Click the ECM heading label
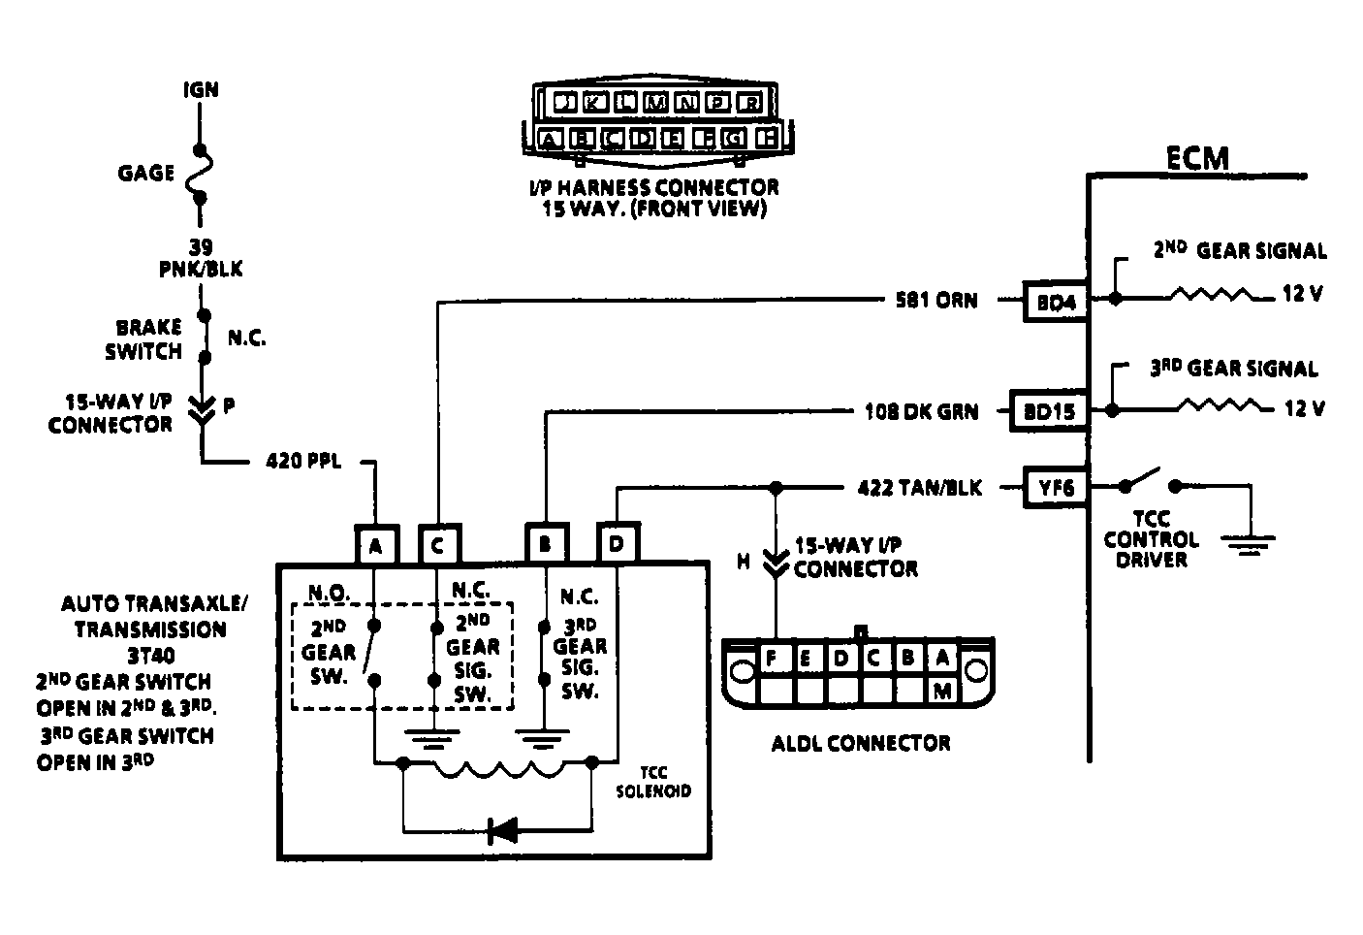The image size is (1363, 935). click(1196, 157)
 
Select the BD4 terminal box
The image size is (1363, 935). click(1056, 301)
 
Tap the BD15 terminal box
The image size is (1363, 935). click(1049, 410)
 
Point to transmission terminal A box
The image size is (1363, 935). click(376, 545)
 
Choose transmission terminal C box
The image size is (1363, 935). click(439, 545)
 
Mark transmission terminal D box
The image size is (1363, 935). click(617, 545)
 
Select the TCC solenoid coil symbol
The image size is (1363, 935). click(498, 769)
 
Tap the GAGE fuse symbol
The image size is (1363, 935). click(202, 175)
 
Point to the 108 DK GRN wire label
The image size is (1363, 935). click(921, 411)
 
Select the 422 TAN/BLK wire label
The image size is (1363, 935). click(919, 488)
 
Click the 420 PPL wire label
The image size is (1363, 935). click(303, 461)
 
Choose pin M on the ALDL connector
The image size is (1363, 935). click(941, 691)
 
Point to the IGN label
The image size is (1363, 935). click(202, 90)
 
